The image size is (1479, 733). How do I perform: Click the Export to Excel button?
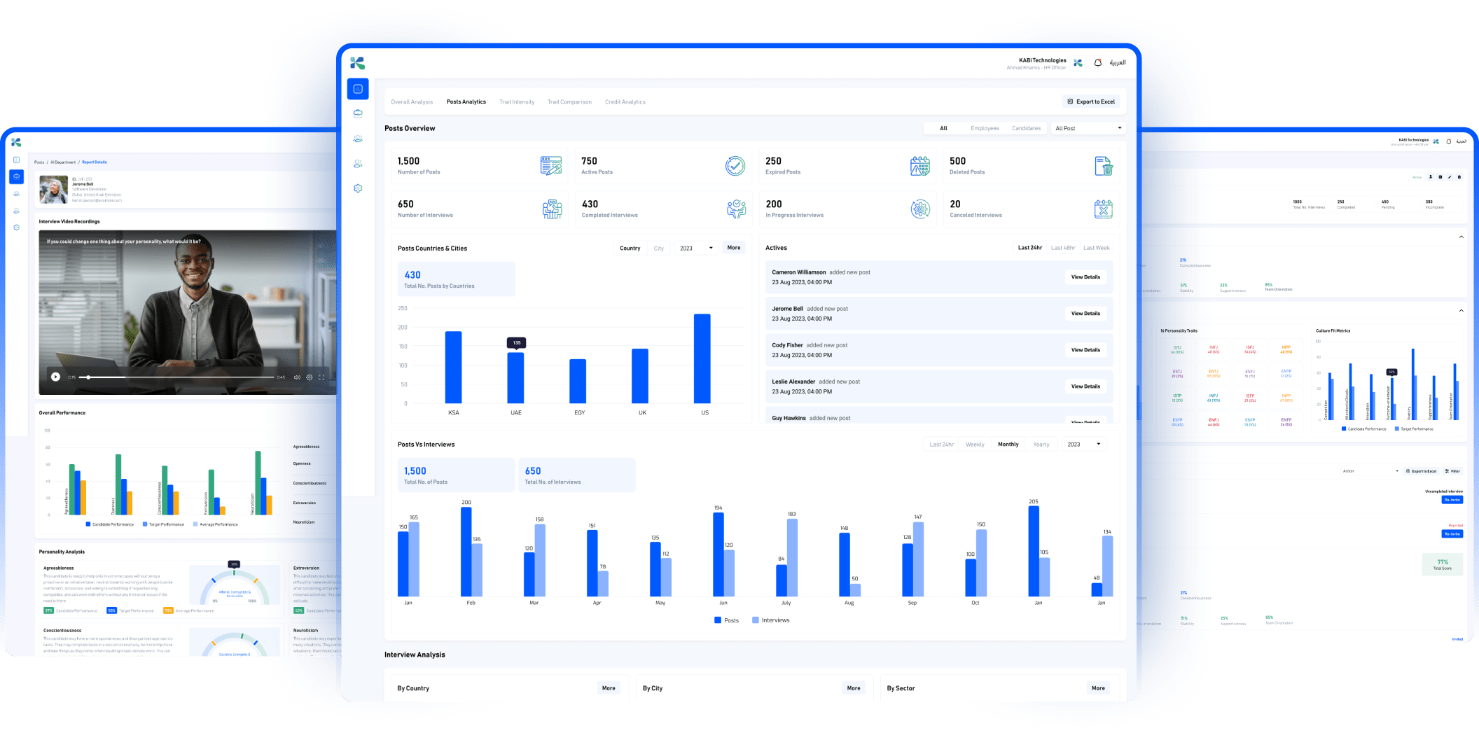pyautogui.click(x=1091, y=102)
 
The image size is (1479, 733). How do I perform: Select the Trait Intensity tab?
pyautogui.click(x=517, y=102)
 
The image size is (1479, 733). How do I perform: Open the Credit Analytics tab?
pyautogui.click(x=625, y=102)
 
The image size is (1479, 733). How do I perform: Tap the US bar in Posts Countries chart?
pyautogui.click(x=702, y=358)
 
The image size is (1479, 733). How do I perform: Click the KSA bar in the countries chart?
pyautogui.click(x=453, y=367)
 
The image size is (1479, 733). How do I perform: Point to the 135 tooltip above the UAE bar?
pyautogui.click(x=516, y=342)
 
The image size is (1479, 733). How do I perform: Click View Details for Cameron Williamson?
pyautogui.click(x=1085, y=277)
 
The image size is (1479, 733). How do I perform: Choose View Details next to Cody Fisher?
pyautogui.click(x=1085, y=350)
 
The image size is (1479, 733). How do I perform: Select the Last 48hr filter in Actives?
pyautogui.click(x=1062, y=248)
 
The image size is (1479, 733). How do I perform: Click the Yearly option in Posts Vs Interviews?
pyautogui.click(x=1041, y=445)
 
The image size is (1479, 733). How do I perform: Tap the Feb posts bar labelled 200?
pyautogui.click(x=466, y=551)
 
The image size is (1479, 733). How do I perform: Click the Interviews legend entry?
pyautogui.click(x=770, y=620)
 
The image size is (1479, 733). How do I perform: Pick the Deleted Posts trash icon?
pyautogui.click(x=1104, y=166)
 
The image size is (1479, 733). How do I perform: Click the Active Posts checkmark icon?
pyautogui.click(x=735, y=166)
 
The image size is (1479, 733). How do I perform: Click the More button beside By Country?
pyautogui.click(x=609, y=688)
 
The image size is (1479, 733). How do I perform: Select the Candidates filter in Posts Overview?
pyautogui.click(x=1026, y=128)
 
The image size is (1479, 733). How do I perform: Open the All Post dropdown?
pyautogui.click(x=1088, y=128)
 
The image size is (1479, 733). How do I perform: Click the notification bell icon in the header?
pyautogui.click(x=1097, y=63)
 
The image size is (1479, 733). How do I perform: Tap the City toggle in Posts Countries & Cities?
pyautogui.click(x=658, y=249)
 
